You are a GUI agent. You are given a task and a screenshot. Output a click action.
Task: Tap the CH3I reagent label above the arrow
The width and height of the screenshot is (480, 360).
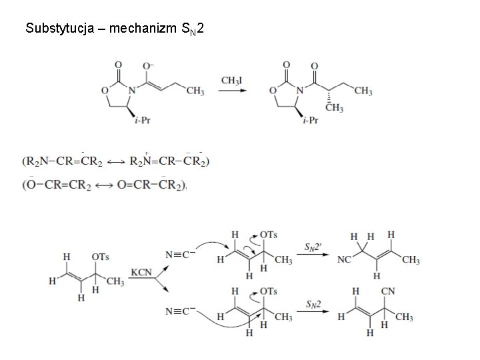click(231, 81)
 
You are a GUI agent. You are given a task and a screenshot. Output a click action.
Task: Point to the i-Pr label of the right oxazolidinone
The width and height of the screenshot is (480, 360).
click(309, 120)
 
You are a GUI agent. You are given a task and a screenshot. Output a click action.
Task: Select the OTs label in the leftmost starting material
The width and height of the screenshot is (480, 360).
click(101, 256)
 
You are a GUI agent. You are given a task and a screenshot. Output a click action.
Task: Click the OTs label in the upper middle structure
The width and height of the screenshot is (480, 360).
click(268, 234)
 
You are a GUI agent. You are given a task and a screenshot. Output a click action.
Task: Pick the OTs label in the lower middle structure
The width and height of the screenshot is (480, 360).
click(268, 291)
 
